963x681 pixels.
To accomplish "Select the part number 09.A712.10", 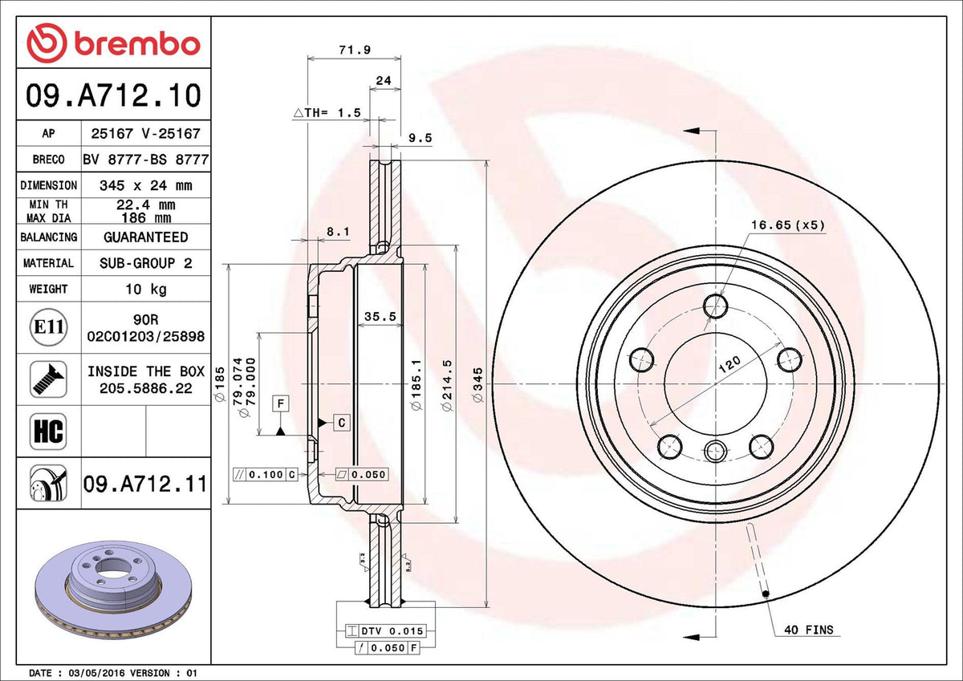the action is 113,95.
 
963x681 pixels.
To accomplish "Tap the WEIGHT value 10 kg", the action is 146,289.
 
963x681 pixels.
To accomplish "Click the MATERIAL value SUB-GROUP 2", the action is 146,263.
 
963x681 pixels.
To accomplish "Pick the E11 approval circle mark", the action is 49,327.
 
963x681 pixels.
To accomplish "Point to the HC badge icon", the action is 49,432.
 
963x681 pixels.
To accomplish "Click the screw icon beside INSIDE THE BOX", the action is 49,379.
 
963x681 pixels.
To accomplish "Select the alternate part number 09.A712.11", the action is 145,484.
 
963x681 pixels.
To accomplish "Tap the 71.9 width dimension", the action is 355,50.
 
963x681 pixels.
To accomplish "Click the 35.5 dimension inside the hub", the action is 380,317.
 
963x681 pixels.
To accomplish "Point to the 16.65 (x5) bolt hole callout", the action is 788,225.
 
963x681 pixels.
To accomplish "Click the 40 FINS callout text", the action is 809,630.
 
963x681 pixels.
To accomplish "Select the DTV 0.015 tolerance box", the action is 386,630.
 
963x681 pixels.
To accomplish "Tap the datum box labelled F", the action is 281,404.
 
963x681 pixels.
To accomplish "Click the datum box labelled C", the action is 342,423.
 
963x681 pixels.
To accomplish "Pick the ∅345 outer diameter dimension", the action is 477,384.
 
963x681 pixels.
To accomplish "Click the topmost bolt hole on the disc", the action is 715,306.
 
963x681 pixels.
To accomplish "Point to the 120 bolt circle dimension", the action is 729,365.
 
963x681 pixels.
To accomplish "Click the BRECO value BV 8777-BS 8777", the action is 146,160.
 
